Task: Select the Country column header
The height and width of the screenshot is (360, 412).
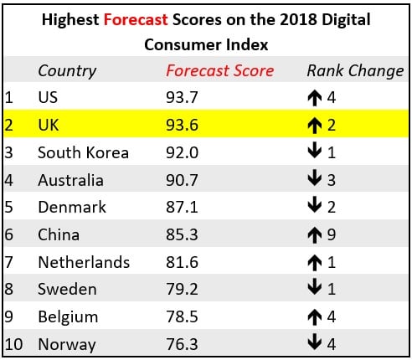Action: coord(67,70)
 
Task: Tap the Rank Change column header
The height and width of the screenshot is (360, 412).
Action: coord(355,70)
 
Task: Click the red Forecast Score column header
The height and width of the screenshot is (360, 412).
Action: coord(219,70)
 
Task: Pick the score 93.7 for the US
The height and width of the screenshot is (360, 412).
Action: coord(182,97)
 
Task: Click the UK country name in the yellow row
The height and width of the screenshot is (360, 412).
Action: coord(49,125)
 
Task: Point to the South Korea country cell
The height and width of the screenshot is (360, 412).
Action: coord(83,152)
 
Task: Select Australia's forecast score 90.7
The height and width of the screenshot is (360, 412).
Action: coord(182,180)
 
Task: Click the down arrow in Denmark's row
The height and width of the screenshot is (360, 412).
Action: coord(315,207)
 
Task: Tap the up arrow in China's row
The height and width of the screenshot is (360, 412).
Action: coord(315,234)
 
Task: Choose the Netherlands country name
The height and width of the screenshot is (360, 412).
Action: coord(84,262)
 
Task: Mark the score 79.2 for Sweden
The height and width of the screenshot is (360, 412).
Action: coord(182,289)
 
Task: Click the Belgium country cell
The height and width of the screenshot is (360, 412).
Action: coord(68,316)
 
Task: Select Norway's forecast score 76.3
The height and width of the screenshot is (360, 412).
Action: coord(182,344)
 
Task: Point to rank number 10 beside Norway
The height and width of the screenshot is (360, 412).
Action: coord(13,344)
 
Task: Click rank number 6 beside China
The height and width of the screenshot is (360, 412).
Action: coord(9,234)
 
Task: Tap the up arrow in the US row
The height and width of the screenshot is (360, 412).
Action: coord(315,97)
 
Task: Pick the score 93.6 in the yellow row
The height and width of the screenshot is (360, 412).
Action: coord(182,125)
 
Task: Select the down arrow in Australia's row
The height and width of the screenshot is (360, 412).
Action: coord(315,180)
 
